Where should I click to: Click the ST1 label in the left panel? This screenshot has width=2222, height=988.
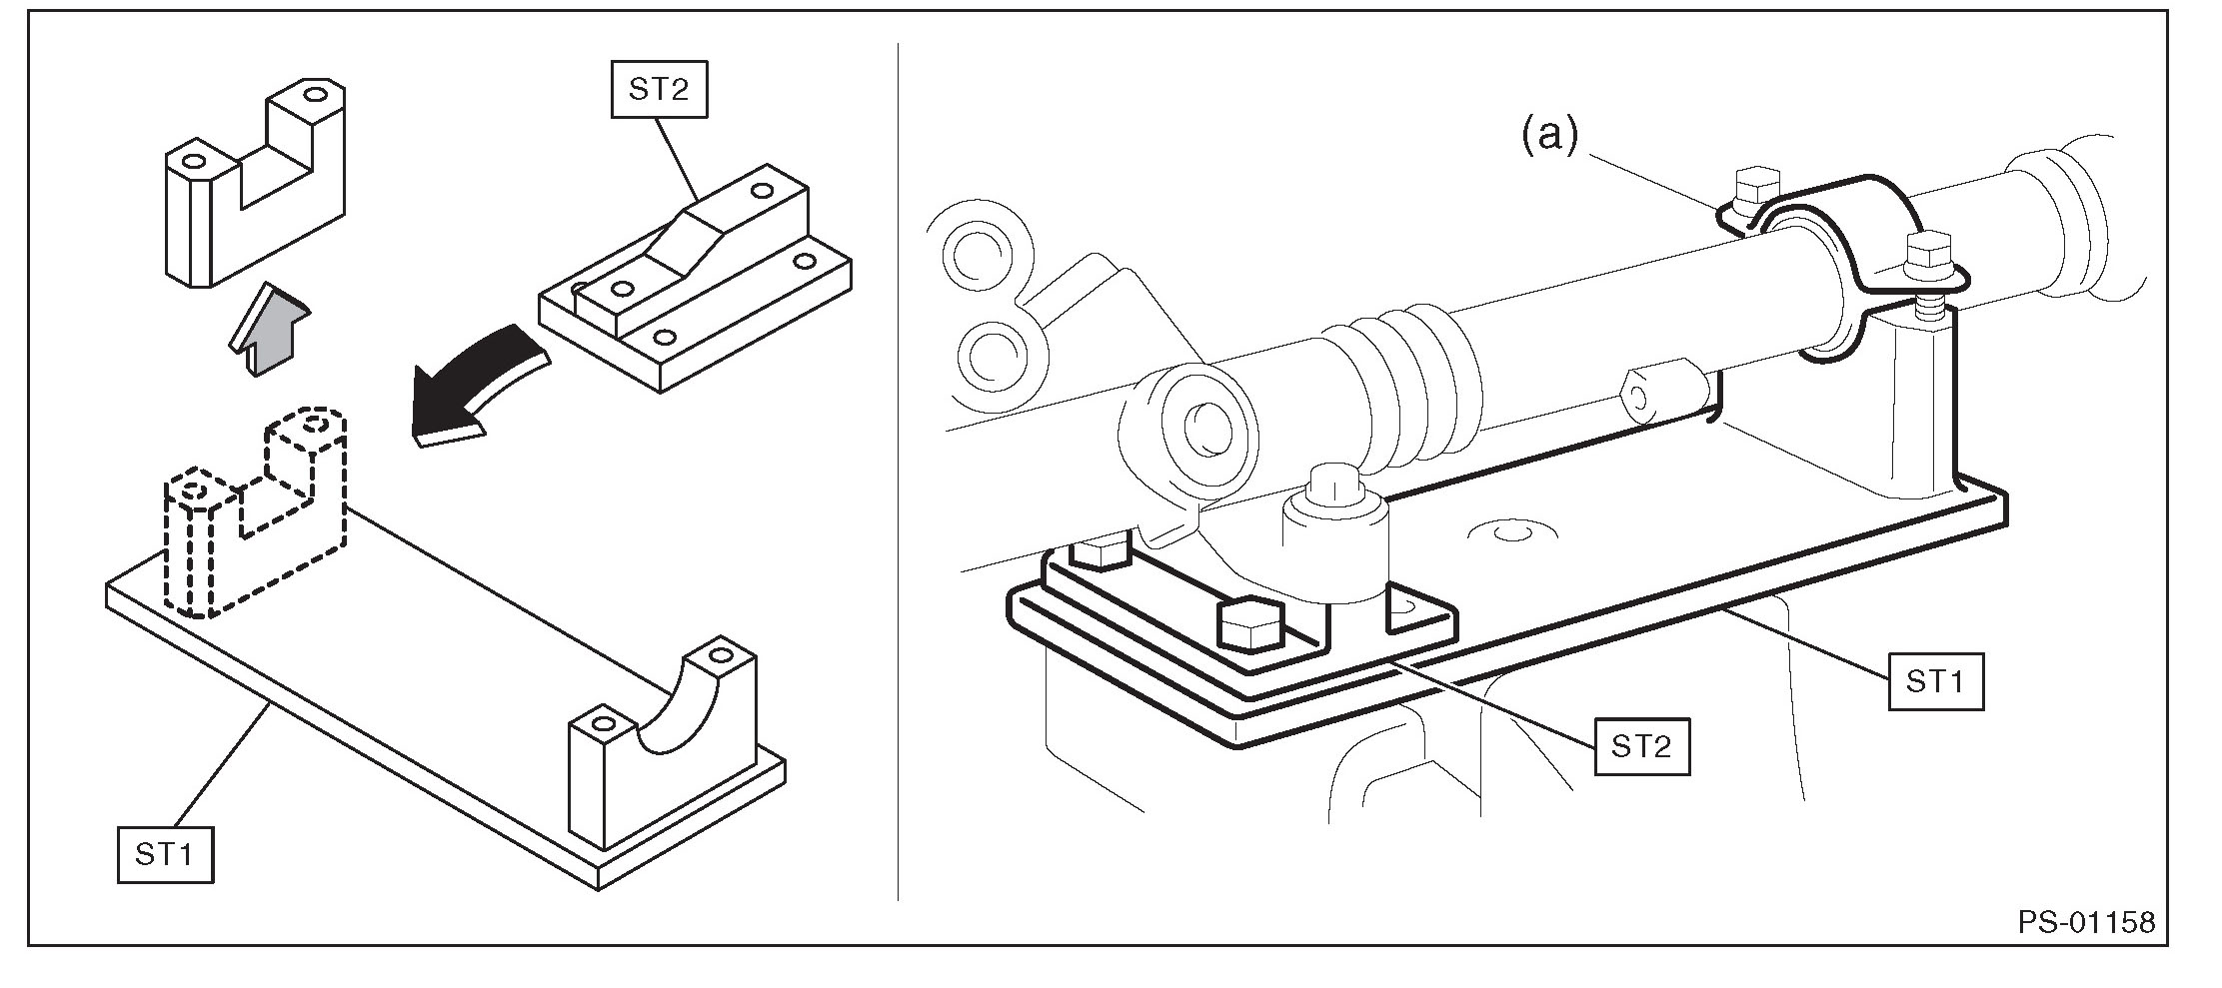click(x=165, y=854)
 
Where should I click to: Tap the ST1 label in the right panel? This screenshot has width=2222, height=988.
click(x=1935, y=682)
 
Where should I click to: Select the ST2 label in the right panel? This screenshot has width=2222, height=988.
click(x=1641, y=746)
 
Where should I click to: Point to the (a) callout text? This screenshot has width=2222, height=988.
click(x=1549, y=135)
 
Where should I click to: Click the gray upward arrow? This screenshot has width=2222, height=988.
click(x=268, y=329)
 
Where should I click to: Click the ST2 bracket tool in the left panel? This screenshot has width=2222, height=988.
click(x=695, y=280)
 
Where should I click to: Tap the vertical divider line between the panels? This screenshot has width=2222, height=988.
click(x=898, y=470)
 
